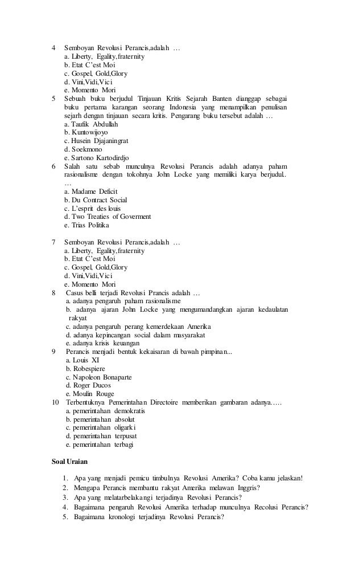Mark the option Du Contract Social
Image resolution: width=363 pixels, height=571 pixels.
click(x=96, y=200)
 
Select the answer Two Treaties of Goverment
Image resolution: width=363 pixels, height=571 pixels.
click(x=108, y=217)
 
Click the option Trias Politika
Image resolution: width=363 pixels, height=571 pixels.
click(x=87, y=225)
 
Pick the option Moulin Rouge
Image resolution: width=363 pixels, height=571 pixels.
click(x=90, y=394)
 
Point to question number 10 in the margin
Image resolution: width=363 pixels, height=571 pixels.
click(x=55, y=403)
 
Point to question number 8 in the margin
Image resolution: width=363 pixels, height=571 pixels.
click(x=53, y=293)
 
